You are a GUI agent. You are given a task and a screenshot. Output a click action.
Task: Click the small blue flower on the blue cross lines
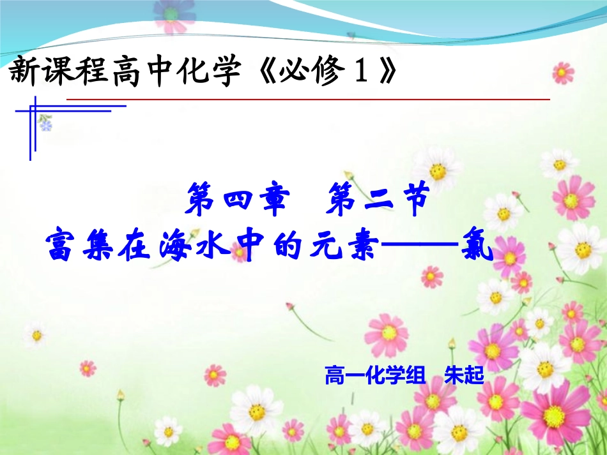[46, 124]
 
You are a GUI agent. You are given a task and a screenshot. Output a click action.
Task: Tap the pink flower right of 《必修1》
[562, 73]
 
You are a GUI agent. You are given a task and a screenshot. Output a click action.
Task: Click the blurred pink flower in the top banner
[172, 15]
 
